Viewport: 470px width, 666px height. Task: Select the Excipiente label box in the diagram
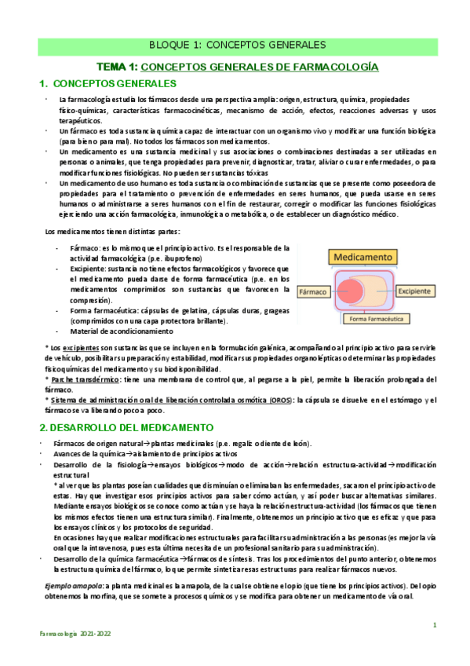[x=422, y=290]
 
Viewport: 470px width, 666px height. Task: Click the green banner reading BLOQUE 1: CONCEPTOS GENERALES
[x=238, y=45]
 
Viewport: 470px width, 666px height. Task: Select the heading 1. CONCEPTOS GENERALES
[x=107, y=85]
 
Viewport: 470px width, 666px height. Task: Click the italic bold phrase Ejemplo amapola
[x=76, y=586]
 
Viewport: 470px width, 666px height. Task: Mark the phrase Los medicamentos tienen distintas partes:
[x=112, y=231]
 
